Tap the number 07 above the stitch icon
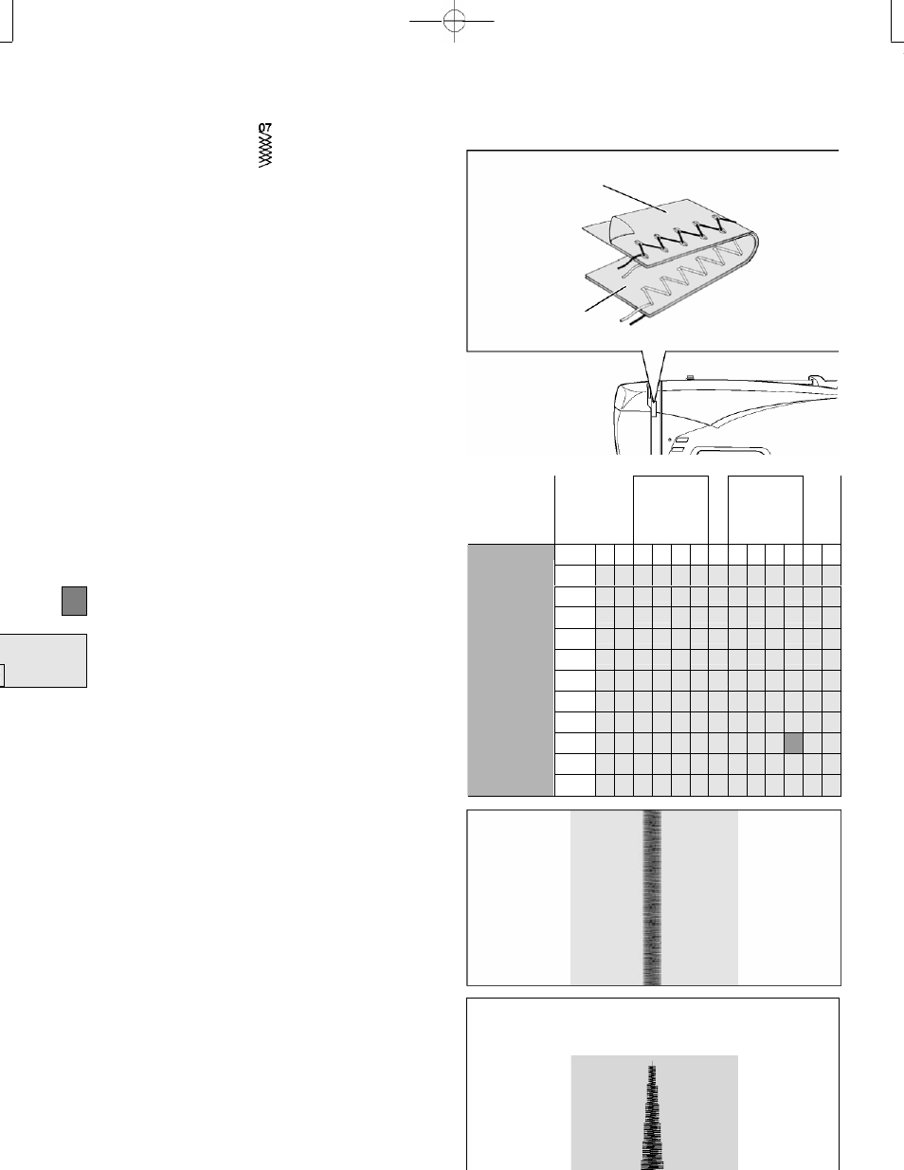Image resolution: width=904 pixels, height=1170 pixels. click(x=265, y=128)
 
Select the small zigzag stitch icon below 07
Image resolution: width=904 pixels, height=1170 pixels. click(x=265, y=151)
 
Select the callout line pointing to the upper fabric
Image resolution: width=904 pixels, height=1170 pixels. click(x=635, y=199)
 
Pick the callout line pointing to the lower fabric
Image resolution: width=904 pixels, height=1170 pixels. click(x=606, y=298)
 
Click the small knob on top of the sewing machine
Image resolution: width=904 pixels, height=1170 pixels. click(x=689, y=378)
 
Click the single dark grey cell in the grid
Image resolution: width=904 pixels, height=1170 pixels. click(x=794, y=743)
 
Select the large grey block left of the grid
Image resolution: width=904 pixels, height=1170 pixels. click(x=511, y=670)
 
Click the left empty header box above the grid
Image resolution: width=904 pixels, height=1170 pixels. click(x=670, y=510)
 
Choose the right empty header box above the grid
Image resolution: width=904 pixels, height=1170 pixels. click(x=765, y=510)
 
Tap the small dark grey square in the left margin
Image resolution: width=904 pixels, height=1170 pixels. click(x=74, y=601)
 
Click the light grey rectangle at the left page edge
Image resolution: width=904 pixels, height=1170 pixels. click(x=43, y=660)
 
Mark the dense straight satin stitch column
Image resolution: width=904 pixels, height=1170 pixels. click(x=652, y=897)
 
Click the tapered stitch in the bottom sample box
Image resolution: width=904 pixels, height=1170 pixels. click(x=653, y=1116)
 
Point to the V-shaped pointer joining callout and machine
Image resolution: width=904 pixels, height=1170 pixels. click(x=654, y=377)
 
